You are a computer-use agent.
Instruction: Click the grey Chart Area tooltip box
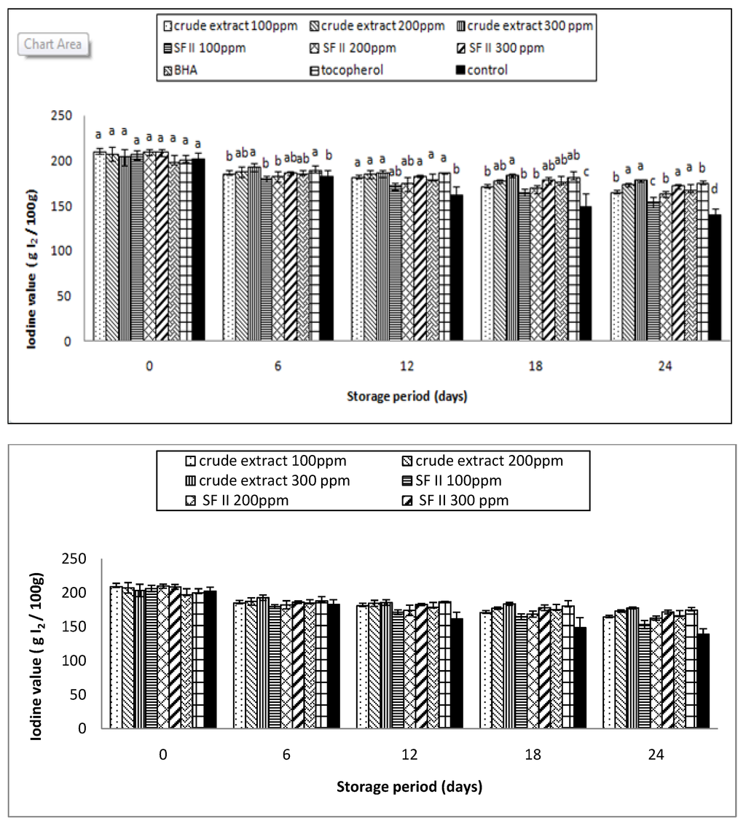pos(52,44)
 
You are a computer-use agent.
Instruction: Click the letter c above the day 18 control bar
pos(586,172)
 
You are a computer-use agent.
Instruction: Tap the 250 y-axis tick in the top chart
pos(66,116)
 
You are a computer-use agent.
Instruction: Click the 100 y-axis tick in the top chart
pos(66,251)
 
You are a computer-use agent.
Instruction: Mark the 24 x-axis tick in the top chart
pos(664,367)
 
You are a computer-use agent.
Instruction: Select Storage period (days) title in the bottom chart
pos(409,787)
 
